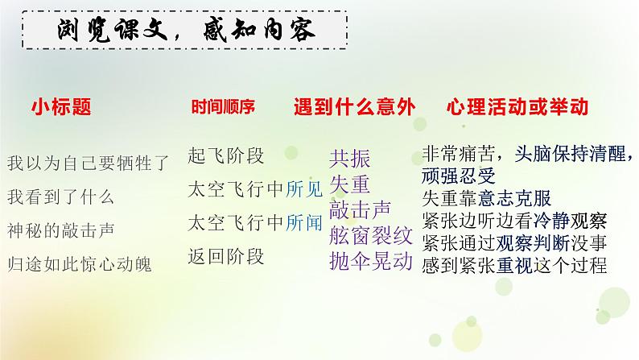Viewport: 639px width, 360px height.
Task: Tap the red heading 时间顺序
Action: [222, 107]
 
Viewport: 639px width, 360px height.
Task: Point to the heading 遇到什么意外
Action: [352, 107]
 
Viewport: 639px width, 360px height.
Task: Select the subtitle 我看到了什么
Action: [60, 196]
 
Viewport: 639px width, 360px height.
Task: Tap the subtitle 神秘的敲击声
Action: [60, 229]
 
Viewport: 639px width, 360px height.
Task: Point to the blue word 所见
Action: [304, 189]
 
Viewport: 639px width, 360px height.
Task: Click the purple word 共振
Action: [349, 159]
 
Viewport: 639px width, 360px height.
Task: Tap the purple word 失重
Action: [349, 185]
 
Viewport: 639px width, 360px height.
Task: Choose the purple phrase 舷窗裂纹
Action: [370, 236]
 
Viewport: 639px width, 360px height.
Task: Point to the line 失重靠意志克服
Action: [493, 197]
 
